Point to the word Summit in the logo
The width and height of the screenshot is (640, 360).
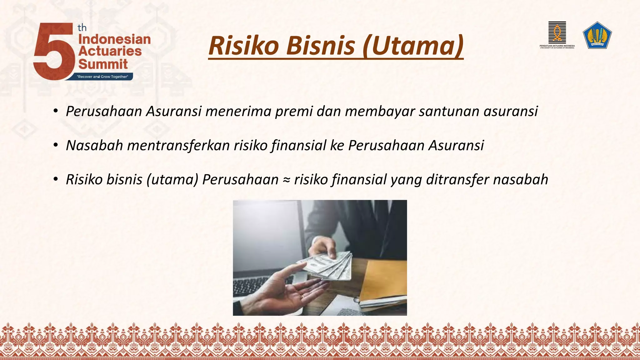103,64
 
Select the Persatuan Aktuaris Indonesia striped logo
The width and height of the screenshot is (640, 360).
557,32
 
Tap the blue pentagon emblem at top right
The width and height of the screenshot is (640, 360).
597,35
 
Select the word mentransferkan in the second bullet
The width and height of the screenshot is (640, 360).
178,145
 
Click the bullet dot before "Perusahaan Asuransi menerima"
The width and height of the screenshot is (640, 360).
56,111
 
